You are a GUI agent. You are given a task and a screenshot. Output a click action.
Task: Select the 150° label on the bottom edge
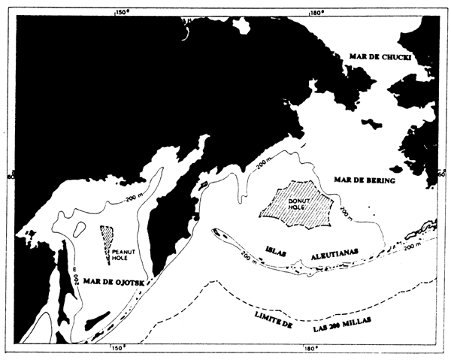pyautogui.click(x=119, y=349)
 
